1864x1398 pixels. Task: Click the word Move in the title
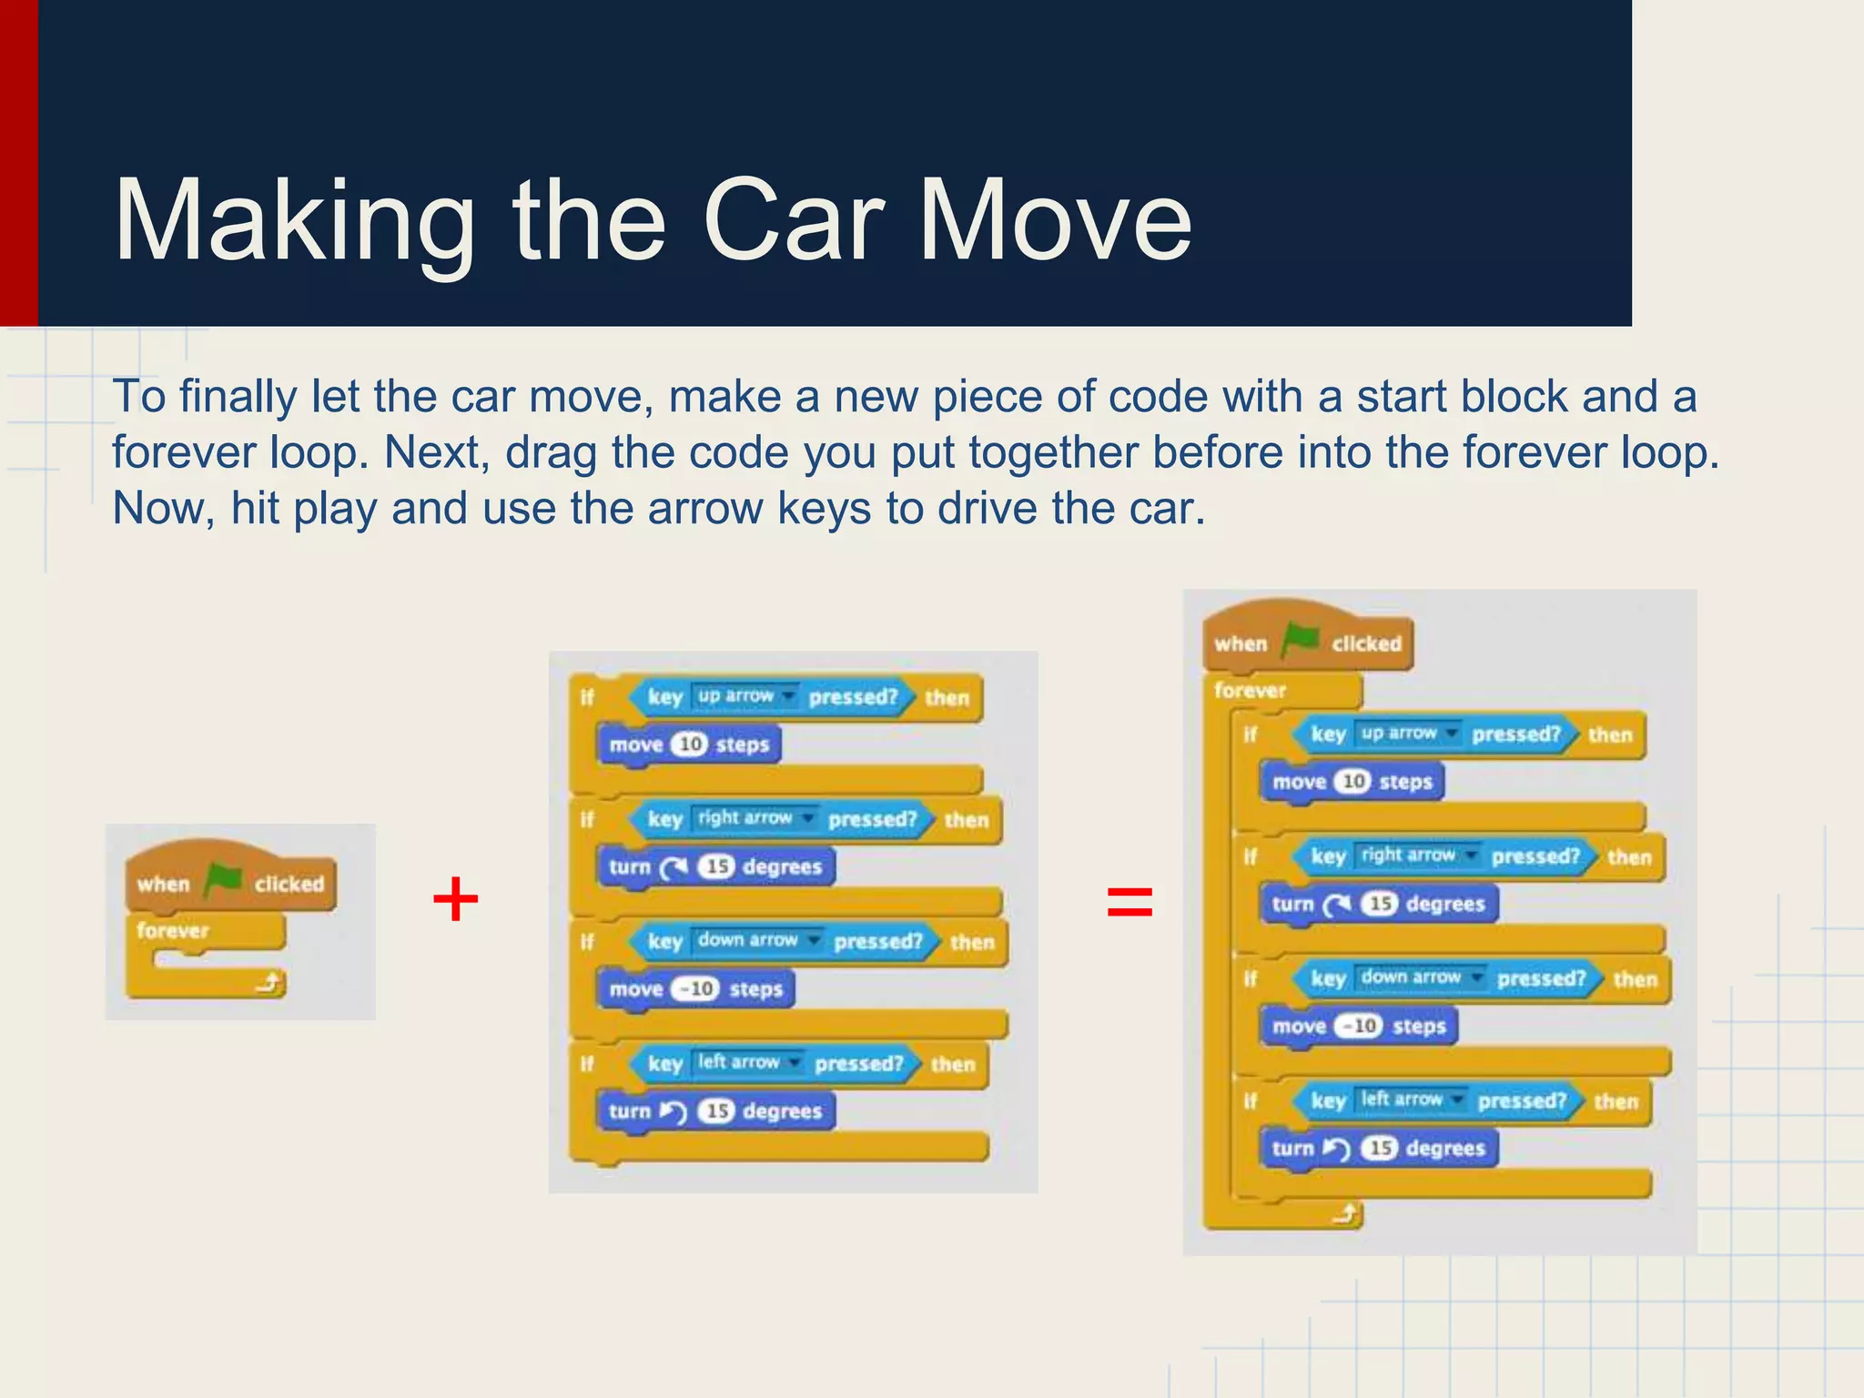[x=1055, y=221]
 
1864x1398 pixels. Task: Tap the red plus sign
[x=455, y=900]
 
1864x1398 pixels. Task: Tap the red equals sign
[x=1130, y=902]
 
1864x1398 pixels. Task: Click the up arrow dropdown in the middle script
[x=745, y=696]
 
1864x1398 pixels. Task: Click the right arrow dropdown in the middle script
[x=755, y=818]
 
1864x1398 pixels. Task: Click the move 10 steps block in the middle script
[x=689, y=745]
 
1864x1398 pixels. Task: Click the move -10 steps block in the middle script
[x=695, y=989]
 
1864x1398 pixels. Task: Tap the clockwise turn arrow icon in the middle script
[x=674, y=867]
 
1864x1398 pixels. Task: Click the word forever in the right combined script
[x=1250, y=691]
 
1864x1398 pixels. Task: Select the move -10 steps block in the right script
[x=1359, y=1027]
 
